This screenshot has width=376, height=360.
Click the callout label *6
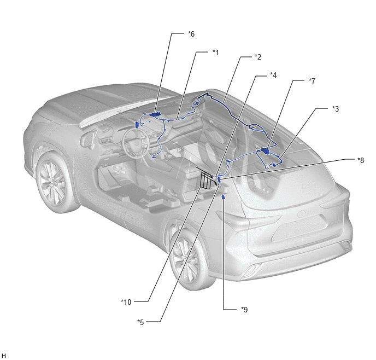pos(191,34)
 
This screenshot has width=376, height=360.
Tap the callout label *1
pos(216,53)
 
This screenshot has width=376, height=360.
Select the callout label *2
pos(258,57)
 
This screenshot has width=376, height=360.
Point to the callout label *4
pos(273,75)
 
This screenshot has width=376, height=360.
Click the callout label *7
pos(312,81)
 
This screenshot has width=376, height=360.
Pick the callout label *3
pos(335,109)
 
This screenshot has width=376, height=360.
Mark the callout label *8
pos(360,160)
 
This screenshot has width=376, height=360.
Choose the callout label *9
pos(244,310)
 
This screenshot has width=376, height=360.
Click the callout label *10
pos(126,302)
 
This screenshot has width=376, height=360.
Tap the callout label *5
pos(140,322)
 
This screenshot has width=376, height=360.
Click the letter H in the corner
pos(4,356)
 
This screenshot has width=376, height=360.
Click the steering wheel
pos(136,142)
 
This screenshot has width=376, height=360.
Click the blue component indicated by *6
pos(156,114)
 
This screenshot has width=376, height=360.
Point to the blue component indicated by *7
pos(265,151)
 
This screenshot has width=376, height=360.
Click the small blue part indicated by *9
pos(223,197)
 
